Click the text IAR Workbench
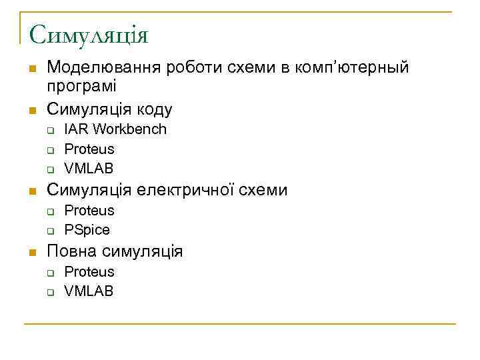115,129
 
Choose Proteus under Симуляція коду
89,149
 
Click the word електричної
187,191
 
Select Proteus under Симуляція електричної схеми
89,211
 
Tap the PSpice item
87,230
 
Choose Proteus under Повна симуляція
89,272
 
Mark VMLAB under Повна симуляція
89,291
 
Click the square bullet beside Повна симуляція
31,253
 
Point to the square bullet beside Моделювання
31,69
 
